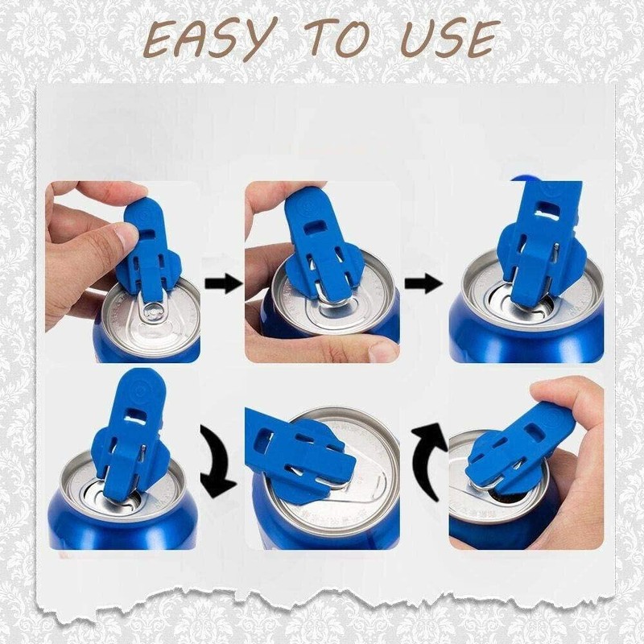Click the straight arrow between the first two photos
pyautogui.click(x=223, y=283)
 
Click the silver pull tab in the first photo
pyautogui.click(x=153, y=310)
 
